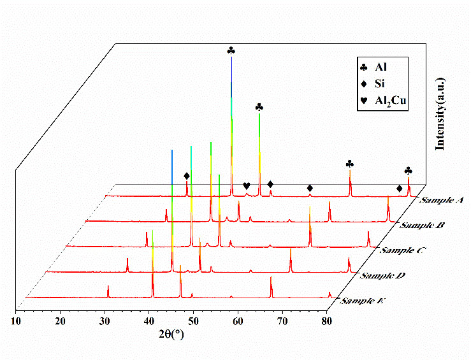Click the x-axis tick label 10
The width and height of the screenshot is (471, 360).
click(x=15, y=321)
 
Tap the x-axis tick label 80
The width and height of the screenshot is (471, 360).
click(x=327, y=321)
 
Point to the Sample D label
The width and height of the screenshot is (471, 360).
click(x=381, y=276)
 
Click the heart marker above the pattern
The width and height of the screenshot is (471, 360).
click(x=247, y=185)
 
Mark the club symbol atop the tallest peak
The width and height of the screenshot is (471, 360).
click(x=231, y=50)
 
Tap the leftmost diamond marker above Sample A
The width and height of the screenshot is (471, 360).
click(x=187, y=176)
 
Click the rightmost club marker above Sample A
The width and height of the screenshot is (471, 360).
click(x=408, y=171)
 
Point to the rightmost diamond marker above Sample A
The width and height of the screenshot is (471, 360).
click(x=399, y=188)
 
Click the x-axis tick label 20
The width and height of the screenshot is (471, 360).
click(x=60, y=321)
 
